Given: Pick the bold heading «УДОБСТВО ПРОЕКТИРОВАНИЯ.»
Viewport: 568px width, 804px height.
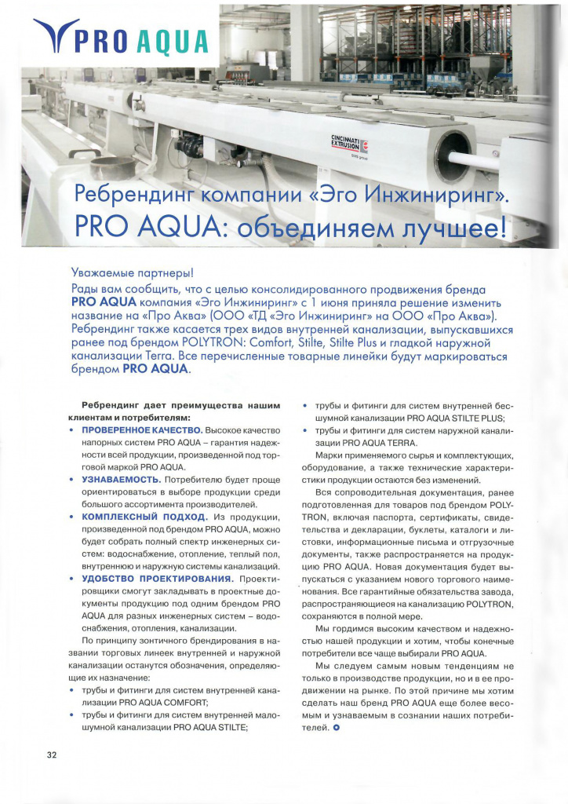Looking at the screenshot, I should (x=152, y=579).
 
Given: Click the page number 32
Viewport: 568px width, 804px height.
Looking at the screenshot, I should (x=51, y=755).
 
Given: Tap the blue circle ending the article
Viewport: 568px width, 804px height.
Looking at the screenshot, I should (x=337, y=727).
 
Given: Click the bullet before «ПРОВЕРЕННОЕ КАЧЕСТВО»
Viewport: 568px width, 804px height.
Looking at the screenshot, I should (x=72, y=431).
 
